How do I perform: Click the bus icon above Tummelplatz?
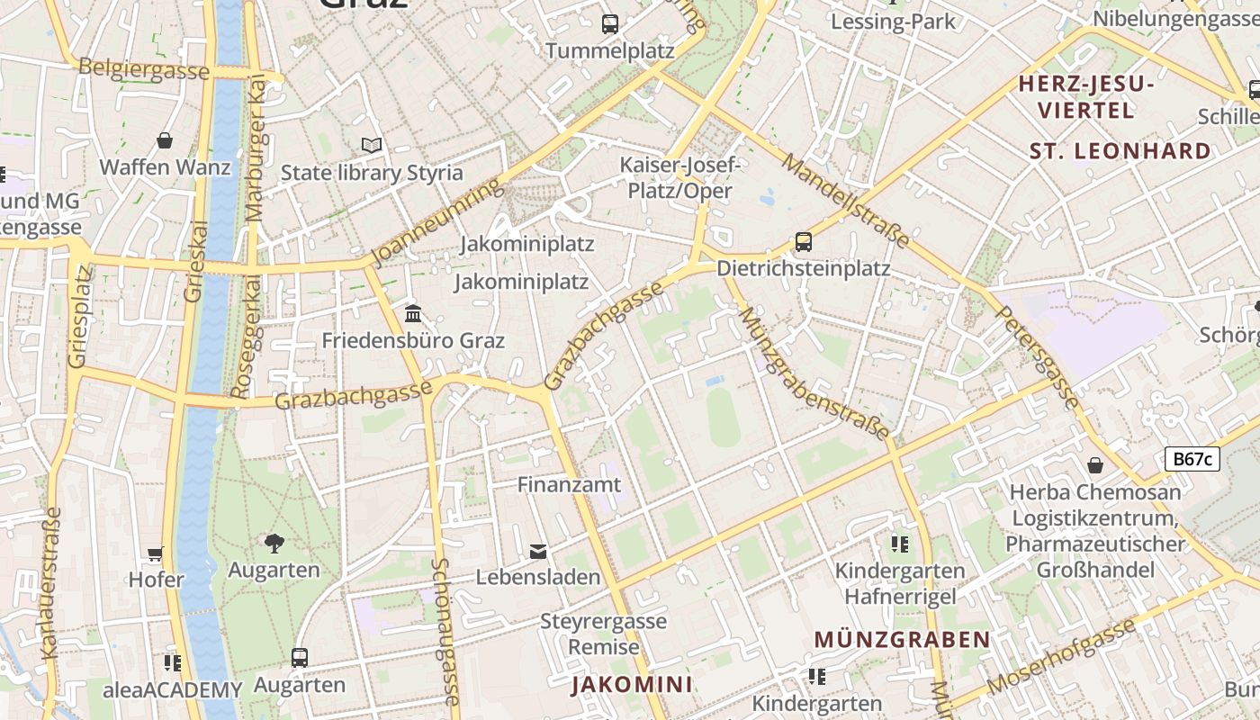click(x=610, y=24)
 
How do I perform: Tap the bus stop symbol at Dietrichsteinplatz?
click(x=803, y=242)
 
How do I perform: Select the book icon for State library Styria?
click(x=371, y=145)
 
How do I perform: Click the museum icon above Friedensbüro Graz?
click(x=413, y=313)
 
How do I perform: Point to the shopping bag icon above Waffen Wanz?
click(x=165, y=140)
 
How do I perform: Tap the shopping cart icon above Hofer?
click(x=156, y=553)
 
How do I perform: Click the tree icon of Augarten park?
click(x=274, y=543)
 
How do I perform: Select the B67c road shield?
click(x=1192, y=459)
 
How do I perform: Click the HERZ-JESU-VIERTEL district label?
click(x=1084, y=97)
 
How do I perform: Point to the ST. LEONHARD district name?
click(x=1120, y=150)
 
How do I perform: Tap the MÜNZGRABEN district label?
click(x=902, y=639)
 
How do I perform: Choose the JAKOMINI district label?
click(x=632, y=684)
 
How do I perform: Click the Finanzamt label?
click(x=569, y=484)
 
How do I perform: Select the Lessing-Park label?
click(x=893, y=22)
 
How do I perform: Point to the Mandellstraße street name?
click(x=845, y=200)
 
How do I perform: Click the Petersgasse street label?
click(x=1038, y=357)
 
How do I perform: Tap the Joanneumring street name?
click(x=434, y=222)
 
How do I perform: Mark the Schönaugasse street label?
click(x=445, y=630)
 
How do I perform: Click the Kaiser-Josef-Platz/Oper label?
click(x=679, y=177)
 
